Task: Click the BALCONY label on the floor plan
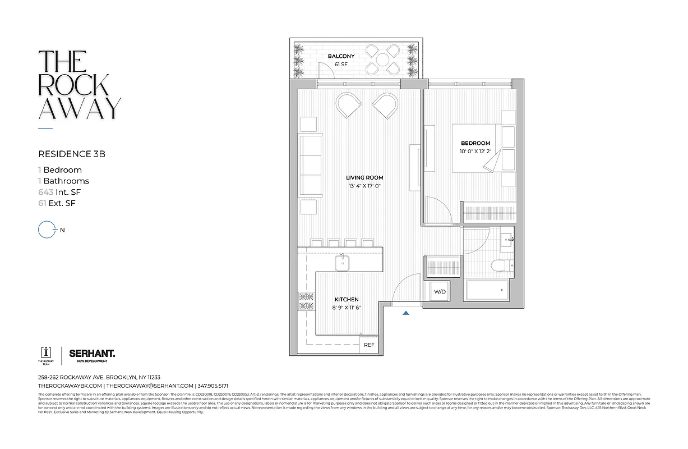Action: (341, 56)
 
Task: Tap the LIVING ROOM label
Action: (364, 177)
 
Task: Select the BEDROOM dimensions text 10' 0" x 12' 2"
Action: (475, 152)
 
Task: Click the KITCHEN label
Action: (346, 300)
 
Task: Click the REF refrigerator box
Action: (369, 345)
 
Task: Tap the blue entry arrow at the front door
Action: (405, 313)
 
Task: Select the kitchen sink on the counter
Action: (341, 262)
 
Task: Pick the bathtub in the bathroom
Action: (486, 290)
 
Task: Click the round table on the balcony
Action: (382, 59)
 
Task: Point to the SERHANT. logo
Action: (92, 354)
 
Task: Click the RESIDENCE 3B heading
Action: (72, 153)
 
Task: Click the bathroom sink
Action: (507, 240)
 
